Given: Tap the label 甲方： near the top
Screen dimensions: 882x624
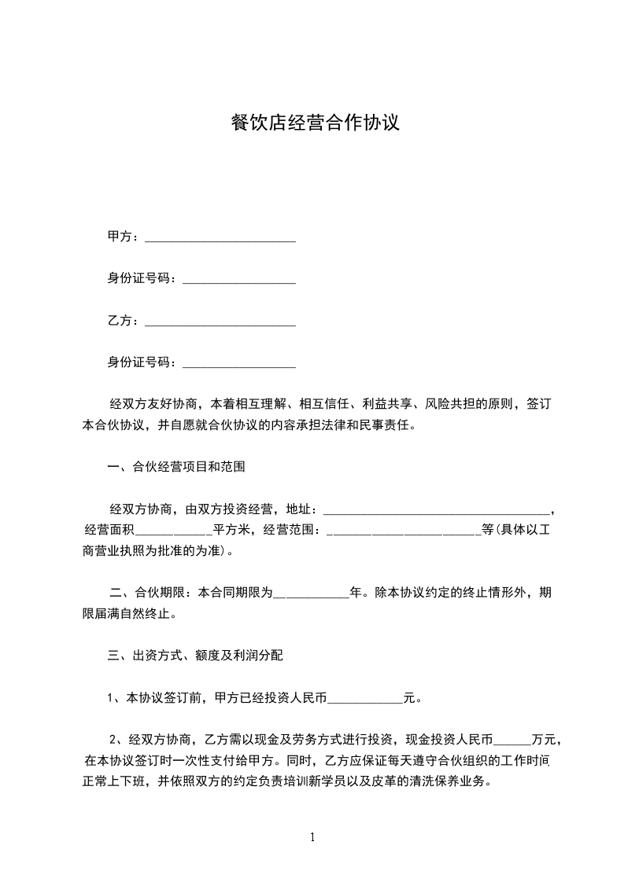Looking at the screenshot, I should (124, 237).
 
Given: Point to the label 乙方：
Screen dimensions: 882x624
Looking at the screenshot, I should (124, 320).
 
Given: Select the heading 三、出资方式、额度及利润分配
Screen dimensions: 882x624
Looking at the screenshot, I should (201, 654).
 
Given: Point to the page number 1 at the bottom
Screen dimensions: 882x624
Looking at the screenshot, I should (312, 837).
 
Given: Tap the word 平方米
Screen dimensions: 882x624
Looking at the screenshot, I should (233, 529).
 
